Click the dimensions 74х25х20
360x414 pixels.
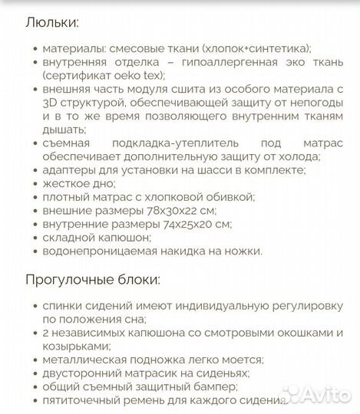point(192,225)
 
